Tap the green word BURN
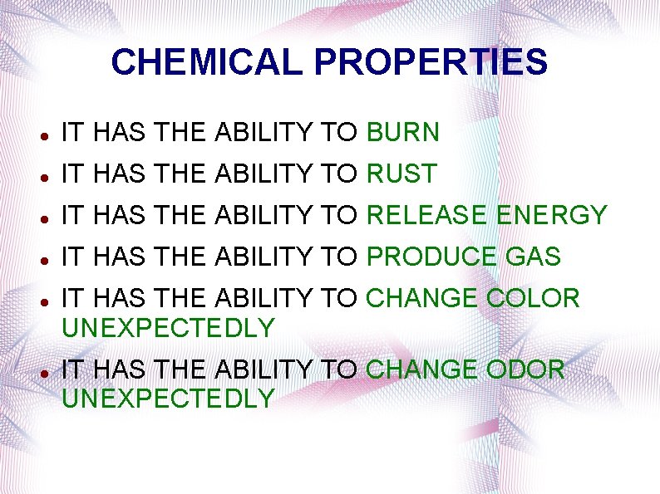click(402, 132)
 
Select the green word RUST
click(401, 174)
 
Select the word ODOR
click(525, 369)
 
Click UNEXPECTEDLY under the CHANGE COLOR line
click(168, 328)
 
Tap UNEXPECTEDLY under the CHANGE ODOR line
click(168, 399)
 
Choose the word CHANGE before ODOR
click(422, 369)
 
